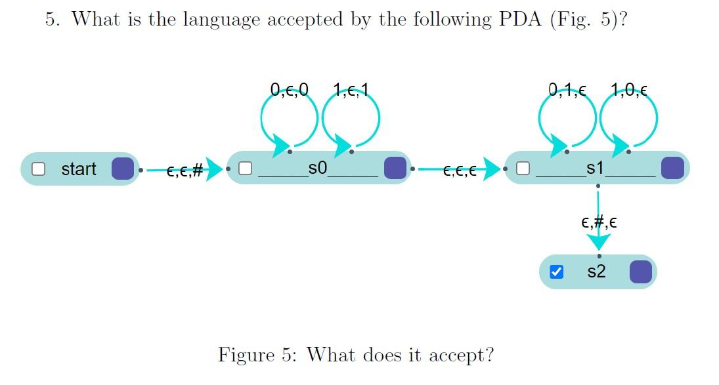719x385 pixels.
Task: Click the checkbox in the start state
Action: tap(39, 169)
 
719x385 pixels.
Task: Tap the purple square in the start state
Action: tap(123, 169)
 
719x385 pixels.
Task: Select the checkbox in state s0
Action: tap(245, 169)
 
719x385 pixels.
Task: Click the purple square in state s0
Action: tap(395, 168)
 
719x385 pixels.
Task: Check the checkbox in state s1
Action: tap(523, 169)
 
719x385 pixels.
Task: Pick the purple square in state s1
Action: tap(672, 168)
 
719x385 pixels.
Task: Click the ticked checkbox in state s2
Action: tap(556, 272)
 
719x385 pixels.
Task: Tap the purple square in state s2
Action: tap(640, 272)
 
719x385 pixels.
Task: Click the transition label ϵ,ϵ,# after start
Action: tap(185, 172)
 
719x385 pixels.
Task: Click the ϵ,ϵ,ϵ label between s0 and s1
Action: tap(460, 172)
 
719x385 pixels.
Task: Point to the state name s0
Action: tap(317, 168)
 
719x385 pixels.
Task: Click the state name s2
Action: tap(596, 271)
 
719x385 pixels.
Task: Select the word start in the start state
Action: tap(78, 169)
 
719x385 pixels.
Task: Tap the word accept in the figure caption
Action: tap(458, 355)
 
